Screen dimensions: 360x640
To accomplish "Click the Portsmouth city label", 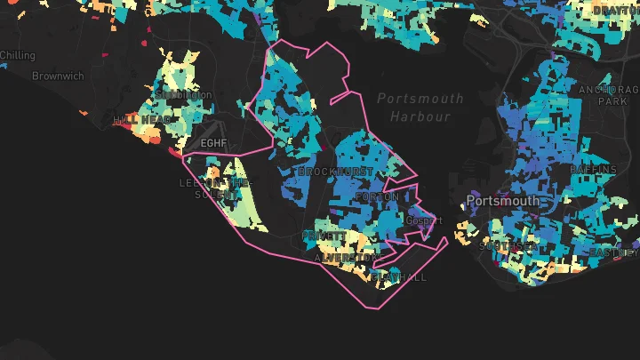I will tap(502, 201).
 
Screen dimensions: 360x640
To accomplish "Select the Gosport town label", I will tap(423, 220).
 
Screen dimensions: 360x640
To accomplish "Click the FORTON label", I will tap(372, 196).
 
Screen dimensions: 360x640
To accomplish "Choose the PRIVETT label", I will tap(324, 236).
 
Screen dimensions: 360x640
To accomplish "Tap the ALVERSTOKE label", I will tap(345, 258).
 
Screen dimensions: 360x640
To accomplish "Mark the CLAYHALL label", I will tap(399, 277).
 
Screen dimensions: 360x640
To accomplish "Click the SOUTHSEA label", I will tap(508, 245).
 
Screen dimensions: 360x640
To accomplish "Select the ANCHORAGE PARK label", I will tap(609, 96).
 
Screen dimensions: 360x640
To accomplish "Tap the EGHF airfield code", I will tap(214, 143).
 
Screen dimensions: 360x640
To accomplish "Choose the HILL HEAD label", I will tap(142, 119).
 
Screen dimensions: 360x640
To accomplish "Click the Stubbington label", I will tap(184, 94).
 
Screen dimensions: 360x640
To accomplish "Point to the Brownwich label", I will tap(58, 76).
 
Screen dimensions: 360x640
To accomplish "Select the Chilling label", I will tap(18, 55).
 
